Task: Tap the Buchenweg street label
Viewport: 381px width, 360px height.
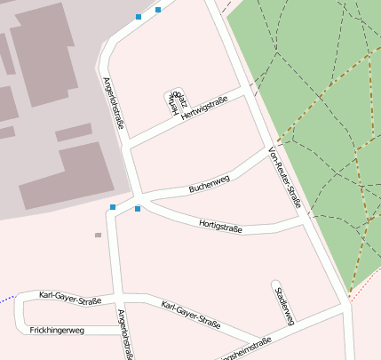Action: [x=209, y=184]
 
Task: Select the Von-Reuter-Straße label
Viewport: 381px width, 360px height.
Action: [x=284, y=179]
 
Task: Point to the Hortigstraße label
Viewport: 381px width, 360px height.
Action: [x=220, y=225]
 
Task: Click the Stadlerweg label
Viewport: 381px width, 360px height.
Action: [x=284, y=305]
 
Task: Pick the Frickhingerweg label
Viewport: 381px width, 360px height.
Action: [x=57, y=330]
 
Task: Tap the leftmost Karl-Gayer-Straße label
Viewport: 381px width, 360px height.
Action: [x=70, y=296]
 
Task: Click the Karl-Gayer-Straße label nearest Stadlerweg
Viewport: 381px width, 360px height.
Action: [x=191, y=316]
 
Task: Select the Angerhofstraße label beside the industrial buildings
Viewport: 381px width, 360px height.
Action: [x=113, y=103]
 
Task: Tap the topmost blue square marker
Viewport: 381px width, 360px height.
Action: [x=158, y=10]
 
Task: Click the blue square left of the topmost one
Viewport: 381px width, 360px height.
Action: [x=139, y=16]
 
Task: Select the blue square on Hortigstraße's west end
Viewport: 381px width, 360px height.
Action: [x=138, y=209]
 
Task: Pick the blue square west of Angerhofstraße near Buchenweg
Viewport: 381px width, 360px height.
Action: [x=113, y=207]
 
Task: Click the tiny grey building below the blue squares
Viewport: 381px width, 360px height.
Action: [x=98, y=236]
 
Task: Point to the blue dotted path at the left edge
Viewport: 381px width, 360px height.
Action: [x=7, y=297]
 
